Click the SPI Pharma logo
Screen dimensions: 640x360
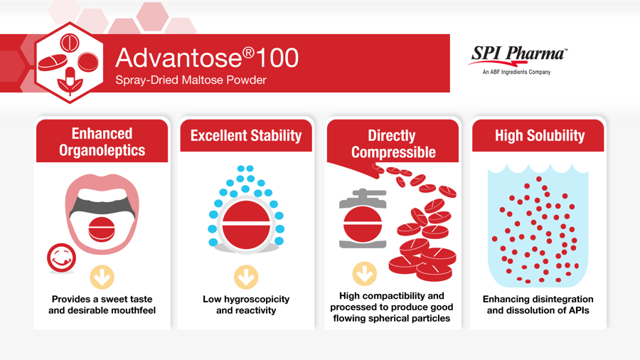[518, 60]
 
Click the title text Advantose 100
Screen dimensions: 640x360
[207, 58]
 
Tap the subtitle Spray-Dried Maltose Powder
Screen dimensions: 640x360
[191, 80]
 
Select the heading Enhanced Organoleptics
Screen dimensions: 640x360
[102, 142]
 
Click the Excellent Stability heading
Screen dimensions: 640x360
[246, 135]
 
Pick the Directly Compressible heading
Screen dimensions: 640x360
[393, 144]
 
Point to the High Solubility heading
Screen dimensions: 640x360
[540, 135]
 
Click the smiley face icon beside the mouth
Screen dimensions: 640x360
[61, 258]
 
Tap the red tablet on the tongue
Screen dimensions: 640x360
[102, 229]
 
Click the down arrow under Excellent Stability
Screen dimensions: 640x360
[246, 277]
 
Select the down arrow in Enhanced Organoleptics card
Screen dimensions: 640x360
[102, 277]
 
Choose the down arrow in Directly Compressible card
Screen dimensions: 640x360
[365, 273]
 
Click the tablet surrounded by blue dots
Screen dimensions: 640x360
[246, 225]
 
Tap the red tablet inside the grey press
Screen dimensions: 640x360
[363, 223]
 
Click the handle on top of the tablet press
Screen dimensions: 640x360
[363, 193]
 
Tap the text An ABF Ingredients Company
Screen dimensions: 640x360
[516, 73]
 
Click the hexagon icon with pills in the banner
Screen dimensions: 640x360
[70, 63]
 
